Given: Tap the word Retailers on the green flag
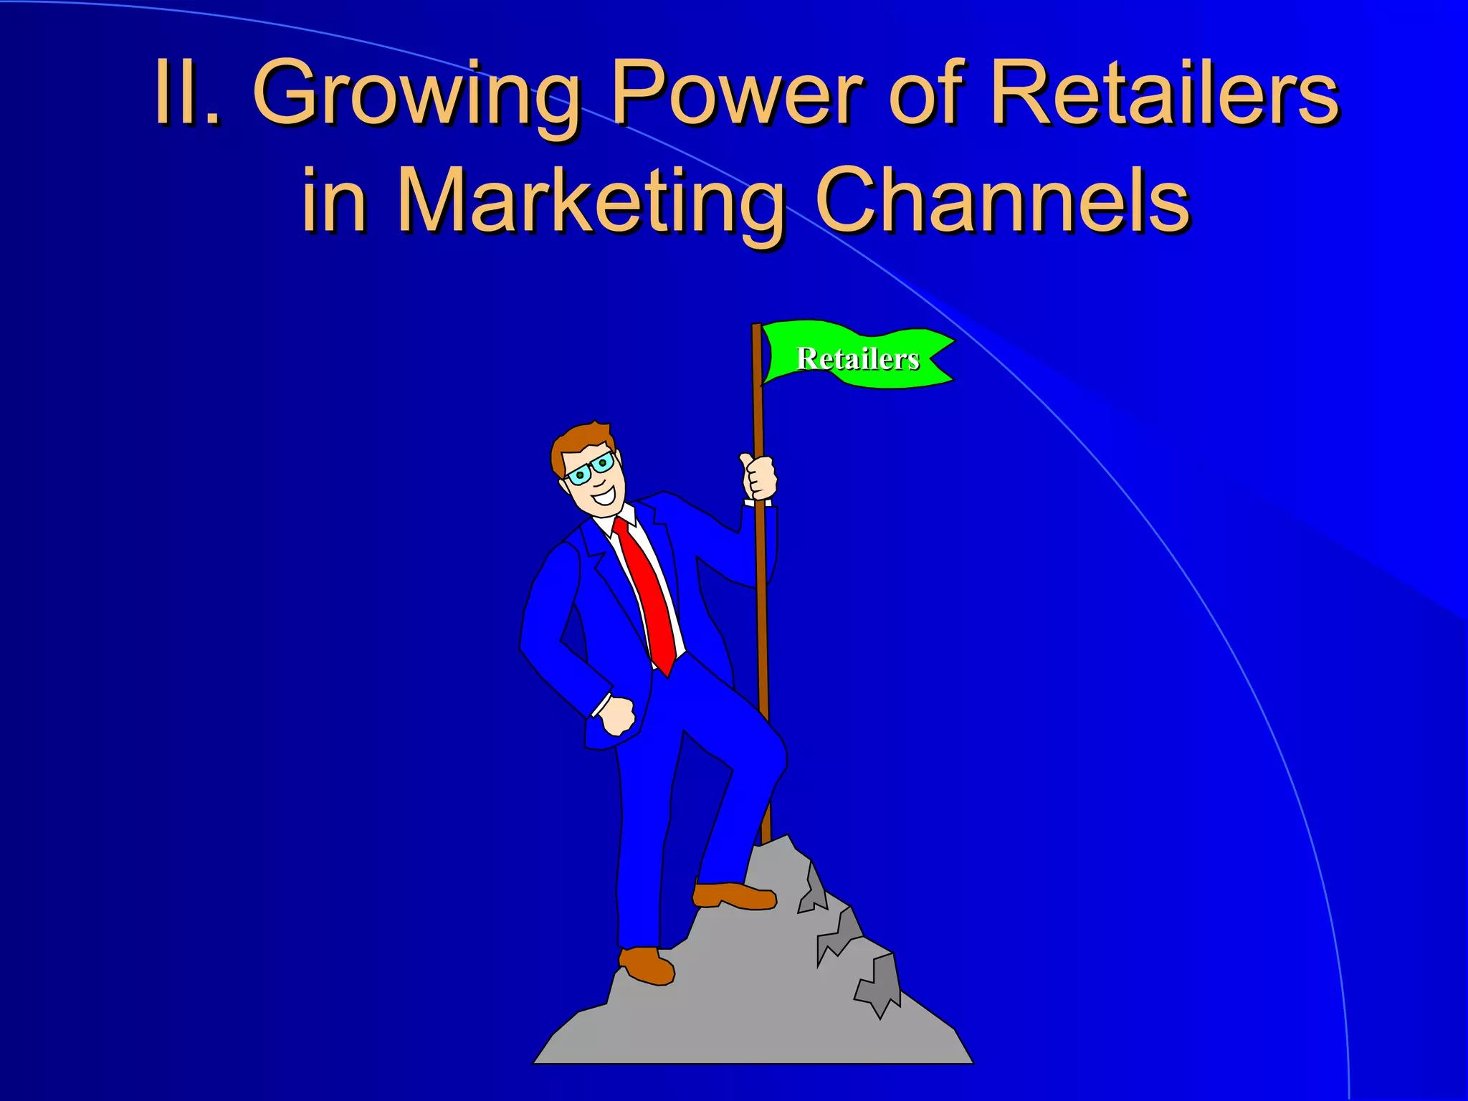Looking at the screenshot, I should (857, 358).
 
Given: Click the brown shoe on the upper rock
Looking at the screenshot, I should (734, 895).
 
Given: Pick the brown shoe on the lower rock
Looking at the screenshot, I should (646, 965).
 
